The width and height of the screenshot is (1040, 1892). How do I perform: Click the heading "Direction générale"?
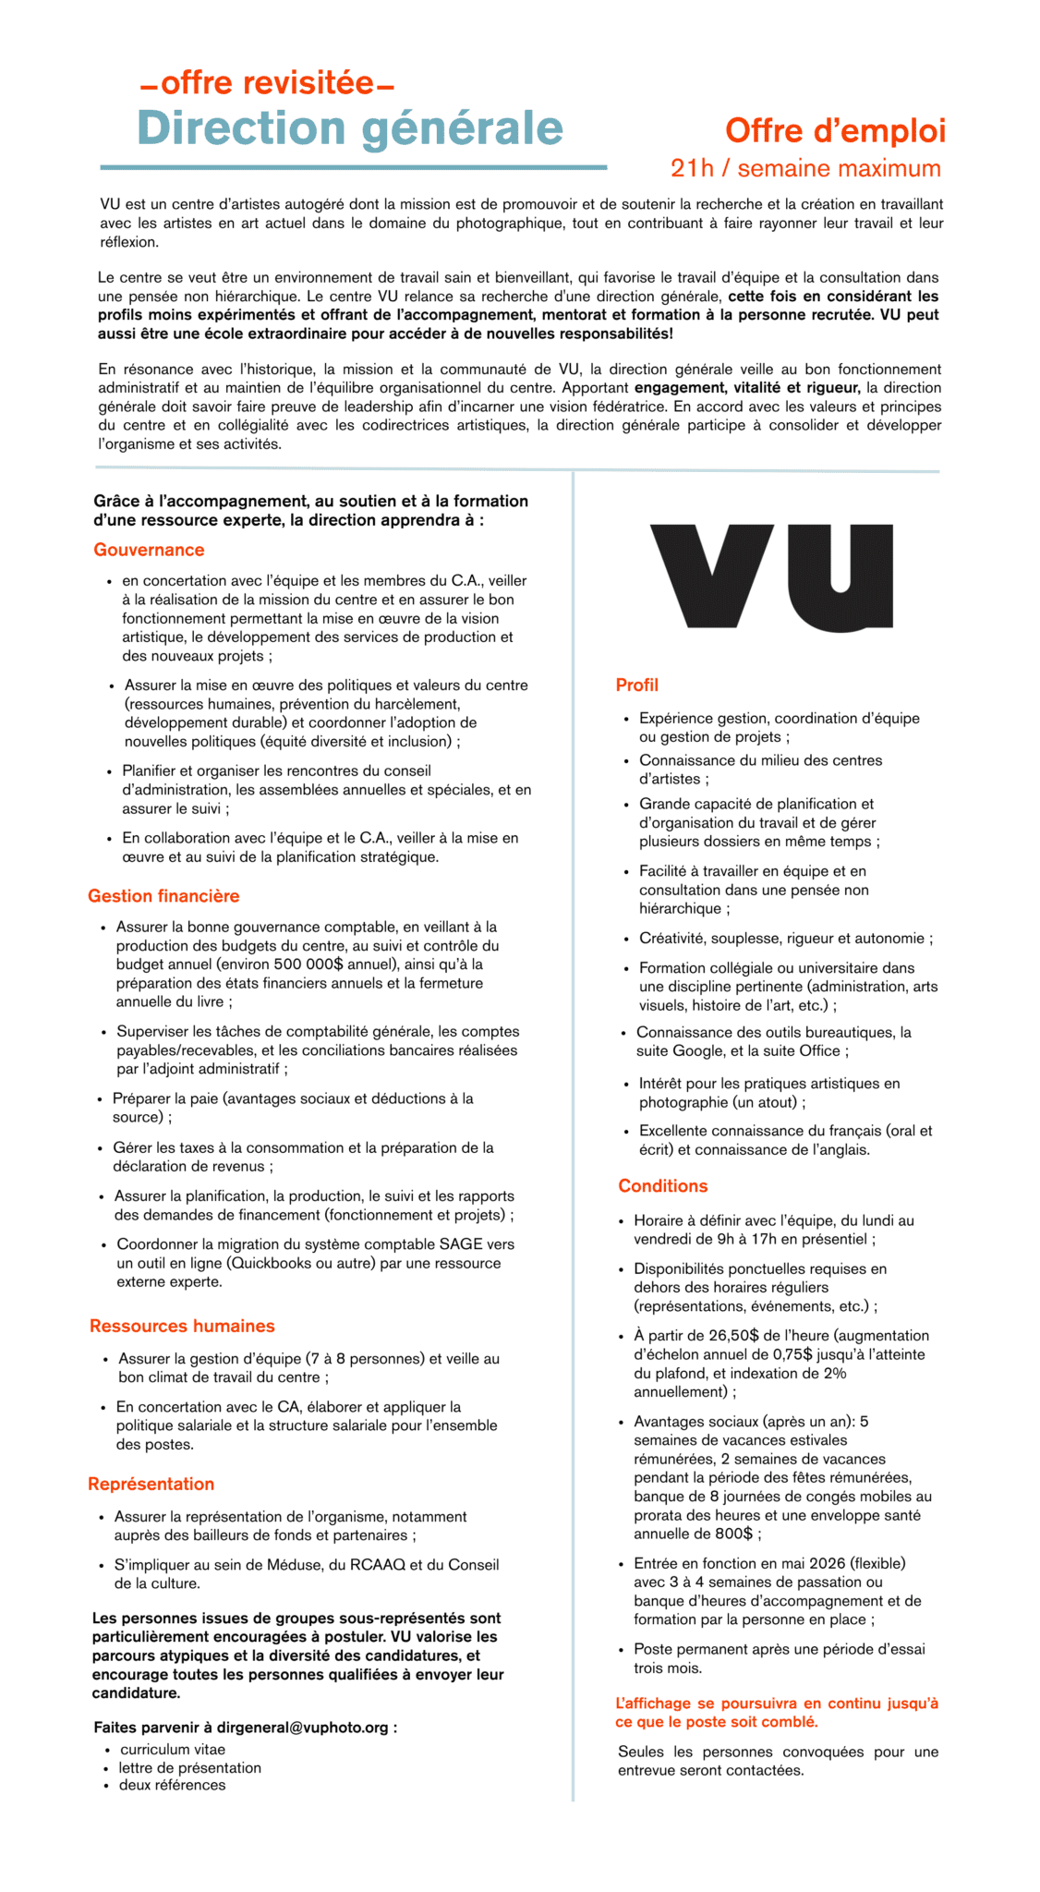pyautogui.click(x=350, y=128)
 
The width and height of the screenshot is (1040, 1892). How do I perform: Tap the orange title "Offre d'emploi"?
pyautogui.click(x=835, y=131)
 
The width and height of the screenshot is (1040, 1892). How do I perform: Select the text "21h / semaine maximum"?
pyautogui.click(x=805, y=168)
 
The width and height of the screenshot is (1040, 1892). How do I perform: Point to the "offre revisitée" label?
pyautogui.click(x=267, y=83)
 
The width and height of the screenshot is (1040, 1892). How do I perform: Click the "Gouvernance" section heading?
pyautogui.click(x=149, y=550)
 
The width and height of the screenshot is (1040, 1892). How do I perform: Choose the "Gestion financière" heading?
pyautogui.click(x=163, y=896)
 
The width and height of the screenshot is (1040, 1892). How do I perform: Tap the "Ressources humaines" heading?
pyautogui.click(x=182, y=1326)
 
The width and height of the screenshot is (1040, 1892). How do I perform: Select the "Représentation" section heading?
pyautogui.click(x=151, y=1484)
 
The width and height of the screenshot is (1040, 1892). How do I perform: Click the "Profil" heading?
pyautogui.click(x=636, y=685)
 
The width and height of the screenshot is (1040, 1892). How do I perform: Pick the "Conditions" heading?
pyautogui.click(x=662, y=1186)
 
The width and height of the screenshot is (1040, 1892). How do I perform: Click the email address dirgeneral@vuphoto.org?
pyautogui.click(x=303, y=1727)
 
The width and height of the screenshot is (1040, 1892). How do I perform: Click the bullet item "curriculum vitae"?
pyautogui.click(x=173, y=1750)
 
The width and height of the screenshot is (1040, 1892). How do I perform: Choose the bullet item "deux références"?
pyautogui.click(x=172, y=1785)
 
